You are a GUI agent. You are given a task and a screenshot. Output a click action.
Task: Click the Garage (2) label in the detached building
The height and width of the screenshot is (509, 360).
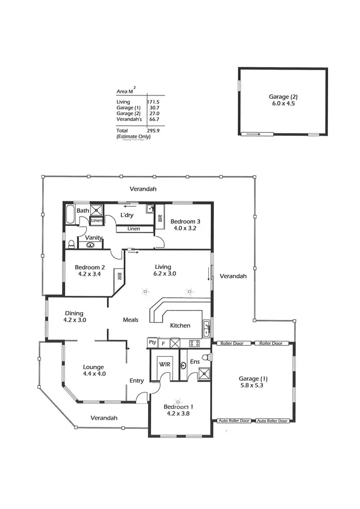pos(283,97)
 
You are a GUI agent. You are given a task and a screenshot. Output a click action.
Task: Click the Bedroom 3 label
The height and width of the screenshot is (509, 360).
pos(185,222)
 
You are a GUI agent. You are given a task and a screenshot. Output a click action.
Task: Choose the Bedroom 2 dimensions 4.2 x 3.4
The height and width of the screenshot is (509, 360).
pos(90,273)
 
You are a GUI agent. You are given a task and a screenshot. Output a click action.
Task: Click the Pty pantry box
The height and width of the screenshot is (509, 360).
pos(152,342)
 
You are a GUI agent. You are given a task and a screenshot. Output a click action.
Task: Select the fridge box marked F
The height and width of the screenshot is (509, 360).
pos(163,343)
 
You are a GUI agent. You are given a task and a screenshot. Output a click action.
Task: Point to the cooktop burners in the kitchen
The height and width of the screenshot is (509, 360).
pos(194,343)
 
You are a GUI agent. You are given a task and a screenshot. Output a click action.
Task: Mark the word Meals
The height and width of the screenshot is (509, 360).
pos(130,320)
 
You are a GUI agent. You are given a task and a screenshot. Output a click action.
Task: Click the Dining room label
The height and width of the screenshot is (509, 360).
pos(74,313)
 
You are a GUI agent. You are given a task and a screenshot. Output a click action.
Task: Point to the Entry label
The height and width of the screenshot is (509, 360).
pos(136,381)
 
